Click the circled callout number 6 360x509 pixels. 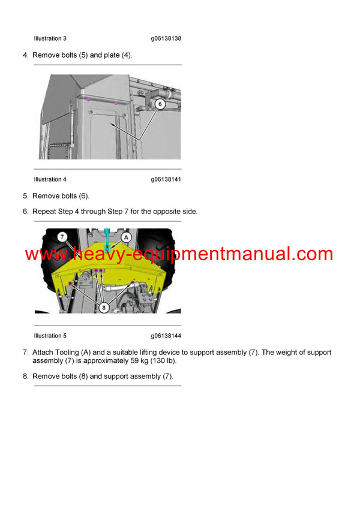(x=160, y=103)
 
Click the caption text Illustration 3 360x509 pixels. (x=50, y=38)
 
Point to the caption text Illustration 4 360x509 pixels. (x=50, y=179)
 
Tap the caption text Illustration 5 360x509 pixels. (x=50, y=336)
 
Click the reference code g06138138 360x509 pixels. (x=166, y=38)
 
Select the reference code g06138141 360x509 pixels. (x=166, y=179)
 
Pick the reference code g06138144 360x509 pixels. (x=166, y=336)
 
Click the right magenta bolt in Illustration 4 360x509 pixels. (x=116, y=103)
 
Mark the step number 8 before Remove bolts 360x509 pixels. (x=25, y=377)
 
